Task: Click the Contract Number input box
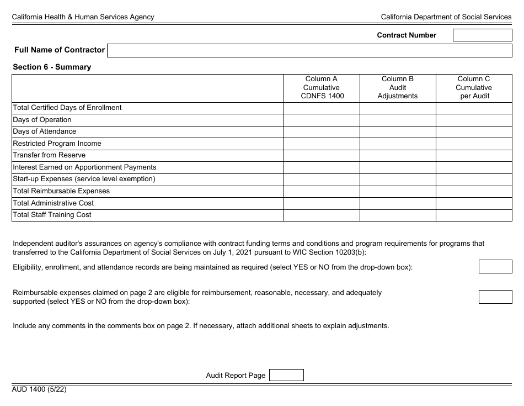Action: point(482,35)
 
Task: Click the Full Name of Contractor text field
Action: point(309,51)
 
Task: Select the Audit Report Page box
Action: point(286,375)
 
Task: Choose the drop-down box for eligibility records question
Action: point(495,267)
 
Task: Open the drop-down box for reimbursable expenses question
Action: point(495,297)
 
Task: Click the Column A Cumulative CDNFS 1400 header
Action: point(322,88)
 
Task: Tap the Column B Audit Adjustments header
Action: point(398,88)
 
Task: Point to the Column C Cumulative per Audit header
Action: point(474,88)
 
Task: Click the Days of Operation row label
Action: point(42,120)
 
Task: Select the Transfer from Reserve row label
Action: point(49,155)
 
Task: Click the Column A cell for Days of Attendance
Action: point(322,131)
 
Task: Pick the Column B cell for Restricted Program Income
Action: point(398,144)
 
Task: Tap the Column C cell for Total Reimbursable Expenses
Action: point(474,191)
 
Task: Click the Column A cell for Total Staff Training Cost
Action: point(322,215)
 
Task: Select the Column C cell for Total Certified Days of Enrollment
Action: point(474,108)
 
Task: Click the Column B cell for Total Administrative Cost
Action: point(398,203)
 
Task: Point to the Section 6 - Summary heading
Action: point(52,67)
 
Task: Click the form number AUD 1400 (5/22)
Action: point(40,389)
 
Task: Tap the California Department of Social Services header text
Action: point(446,17)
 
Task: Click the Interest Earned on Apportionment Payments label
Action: point(84,167)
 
